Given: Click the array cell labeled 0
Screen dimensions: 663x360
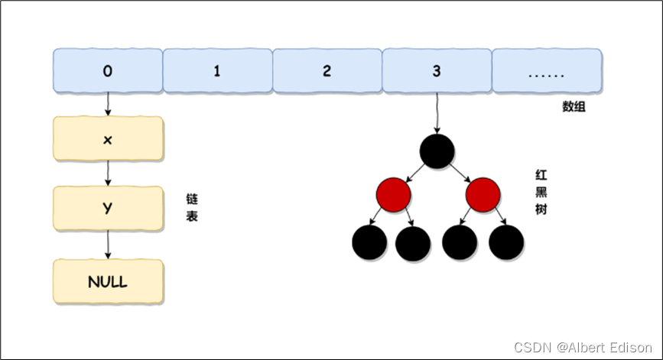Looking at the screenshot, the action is coord(108,70).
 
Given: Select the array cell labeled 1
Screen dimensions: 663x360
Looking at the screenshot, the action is coord(218,70).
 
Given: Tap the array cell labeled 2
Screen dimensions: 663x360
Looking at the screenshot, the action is coord(327,70).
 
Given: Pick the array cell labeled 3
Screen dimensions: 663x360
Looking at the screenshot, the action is coord(437,70).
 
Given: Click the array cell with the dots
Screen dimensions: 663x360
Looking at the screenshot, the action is coord(547,70).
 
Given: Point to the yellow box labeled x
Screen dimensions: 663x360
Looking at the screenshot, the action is coord(109,138).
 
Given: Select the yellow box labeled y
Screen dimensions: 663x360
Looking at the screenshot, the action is coord(109,209).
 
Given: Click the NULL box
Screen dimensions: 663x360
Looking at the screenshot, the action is coord(109,281).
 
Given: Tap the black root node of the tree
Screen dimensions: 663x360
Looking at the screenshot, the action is coord(437,151).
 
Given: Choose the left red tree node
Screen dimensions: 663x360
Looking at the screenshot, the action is coord(393,195).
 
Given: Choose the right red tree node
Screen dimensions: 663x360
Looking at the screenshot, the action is coord(483,195).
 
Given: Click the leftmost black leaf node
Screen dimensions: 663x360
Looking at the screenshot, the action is coord(369,242).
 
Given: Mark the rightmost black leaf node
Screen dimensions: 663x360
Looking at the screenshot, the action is coord(506,242).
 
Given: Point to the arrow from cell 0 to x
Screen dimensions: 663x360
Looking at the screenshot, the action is coord(108,104).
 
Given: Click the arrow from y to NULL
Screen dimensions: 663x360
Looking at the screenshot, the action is coord(108,245).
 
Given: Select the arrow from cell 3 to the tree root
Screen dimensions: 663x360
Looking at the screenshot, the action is coord(437,113).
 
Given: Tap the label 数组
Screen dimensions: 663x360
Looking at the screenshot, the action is coord(574,106).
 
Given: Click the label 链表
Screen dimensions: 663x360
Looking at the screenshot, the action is coord(192,207).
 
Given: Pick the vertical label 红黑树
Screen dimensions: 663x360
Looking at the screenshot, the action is coord(541,193).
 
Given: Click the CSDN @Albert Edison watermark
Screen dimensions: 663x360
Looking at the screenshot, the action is coord(583,347).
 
